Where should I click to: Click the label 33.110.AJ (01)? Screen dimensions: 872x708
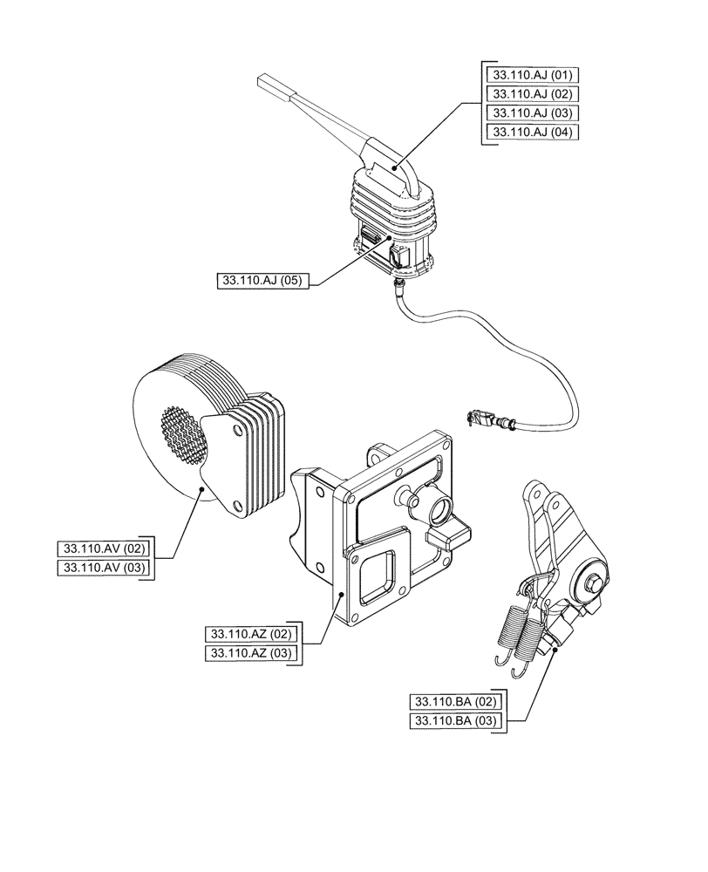pos(532,73)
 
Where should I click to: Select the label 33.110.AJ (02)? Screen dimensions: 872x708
pos(532,93)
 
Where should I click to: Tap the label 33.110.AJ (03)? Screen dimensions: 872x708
pos(532,112)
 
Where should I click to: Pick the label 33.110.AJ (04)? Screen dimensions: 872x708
pos(532,132)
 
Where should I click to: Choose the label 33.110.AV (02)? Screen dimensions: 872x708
pos(103,549)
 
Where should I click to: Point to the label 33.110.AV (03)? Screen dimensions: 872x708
pos(103,569)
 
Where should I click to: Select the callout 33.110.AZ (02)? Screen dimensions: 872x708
pos(250,633)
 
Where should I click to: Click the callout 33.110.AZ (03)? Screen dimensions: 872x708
pos(250,653)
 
